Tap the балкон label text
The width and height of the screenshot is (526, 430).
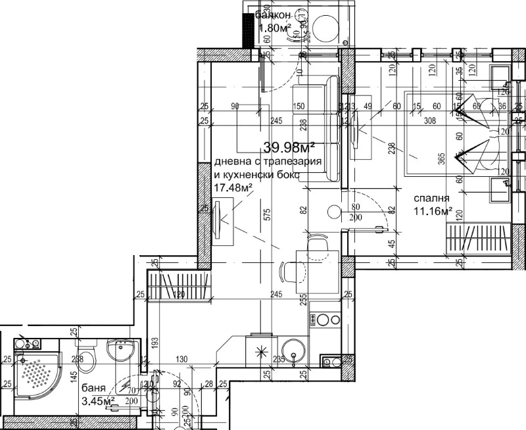(272, 15)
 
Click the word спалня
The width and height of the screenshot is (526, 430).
(431, 199)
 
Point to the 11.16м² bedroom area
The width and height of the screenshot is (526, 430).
(433, 211)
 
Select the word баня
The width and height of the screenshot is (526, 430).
(93, 388)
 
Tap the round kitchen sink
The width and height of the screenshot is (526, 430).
(291, 350)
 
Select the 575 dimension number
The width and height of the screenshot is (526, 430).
(266, 220)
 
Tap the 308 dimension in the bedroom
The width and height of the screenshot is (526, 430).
(431, 120)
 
